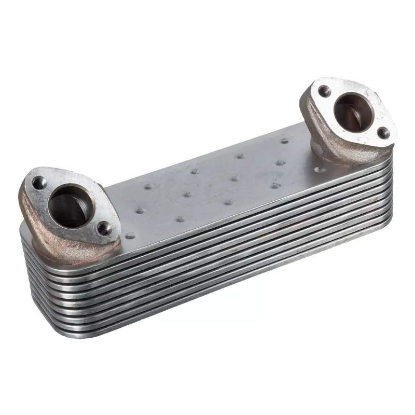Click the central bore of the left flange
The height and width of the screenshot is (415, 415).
(71, 206)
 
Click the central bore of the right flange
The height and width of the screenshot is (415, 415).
(351, 110)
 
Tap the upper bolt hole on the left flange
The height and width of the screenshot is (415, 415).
(39, 182)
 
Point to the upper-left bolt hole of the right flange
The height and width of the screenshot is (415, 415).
(324, 92)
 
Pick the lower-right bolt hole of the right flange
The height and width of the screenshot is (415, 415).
(382, 133)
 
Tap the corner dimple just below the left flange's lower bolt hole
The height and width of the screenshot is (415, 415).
(129, 236)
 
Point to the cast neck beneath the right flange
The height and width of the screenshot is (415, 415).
(332, 150)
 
